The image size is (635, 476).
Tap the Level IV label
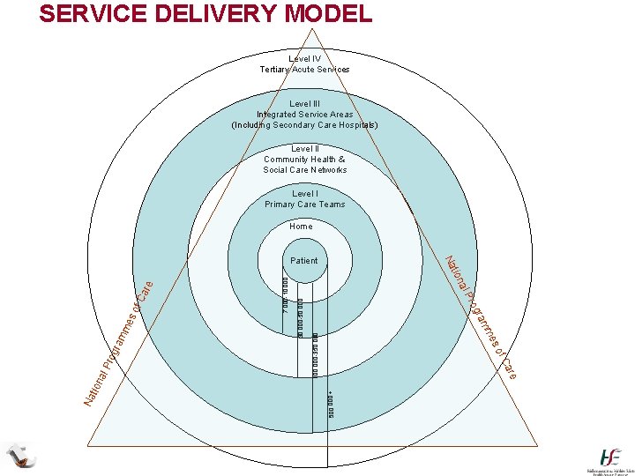(x=304, y=59)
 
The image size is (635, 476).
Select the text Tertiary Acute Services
(x=304, y=70)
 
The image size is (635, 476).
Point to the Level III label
(x=304, y=103)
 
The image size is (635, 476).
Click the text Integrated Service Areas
(x=304, y=114)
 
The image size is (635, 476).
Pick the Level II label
(x=304, y=149)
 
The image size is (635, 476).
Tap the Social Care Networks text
(x=304, y=169)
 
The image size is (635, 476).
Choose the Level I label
(x=304, y=193)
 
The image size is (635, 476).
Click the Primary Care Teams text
(x=304, y=205)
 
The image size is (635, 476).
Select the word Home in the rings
(x=301, y=227)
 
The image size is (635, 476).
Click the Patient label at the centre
(x=303, y=261)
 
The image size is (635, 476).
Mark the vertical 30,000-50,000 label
(x=300, y=313)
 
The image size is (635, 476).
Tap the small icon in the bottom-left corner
(x=20, y=456)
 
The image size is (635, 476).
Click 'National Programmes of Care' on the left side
(x=119, y=345)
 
